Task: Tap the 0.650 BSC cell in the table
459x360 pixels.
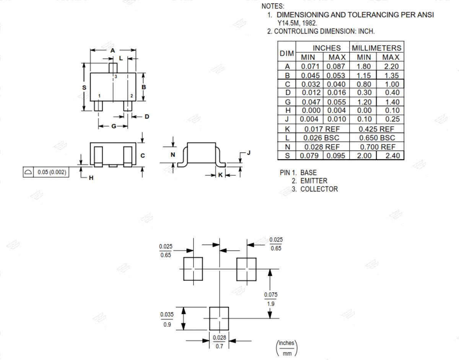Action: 377,138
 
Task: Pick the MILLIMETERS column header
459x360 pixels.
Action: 377,48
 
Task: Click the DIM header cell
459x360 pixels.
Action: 286,53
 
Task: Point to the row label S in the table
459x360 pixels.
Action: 287,156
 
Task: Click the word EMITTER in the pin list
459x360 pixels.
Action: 314,181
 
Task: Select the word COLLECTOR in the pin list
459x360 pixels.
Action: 319,189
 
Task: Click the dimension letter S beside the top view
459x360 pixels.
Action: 84,88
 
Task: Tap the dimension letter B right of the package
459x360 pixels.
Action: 144,87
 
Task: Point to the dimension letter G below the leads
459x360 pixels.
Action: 114,126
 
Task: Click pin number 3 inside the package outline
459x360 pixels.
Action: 116,76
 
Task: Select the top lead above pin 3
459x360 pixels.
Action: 113,68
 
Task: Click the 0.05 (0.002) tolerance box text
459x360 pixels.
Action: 52,172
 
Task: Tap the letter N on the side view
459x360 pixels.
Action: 173,155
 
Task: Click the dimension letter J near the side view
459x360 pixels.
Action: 249,152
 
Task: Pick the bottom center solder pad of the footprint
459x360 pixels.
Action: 219,318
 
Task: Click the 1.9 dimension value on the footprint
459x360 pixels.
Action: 270,304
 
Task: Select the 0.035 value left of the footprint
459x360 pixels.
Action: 167,315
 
